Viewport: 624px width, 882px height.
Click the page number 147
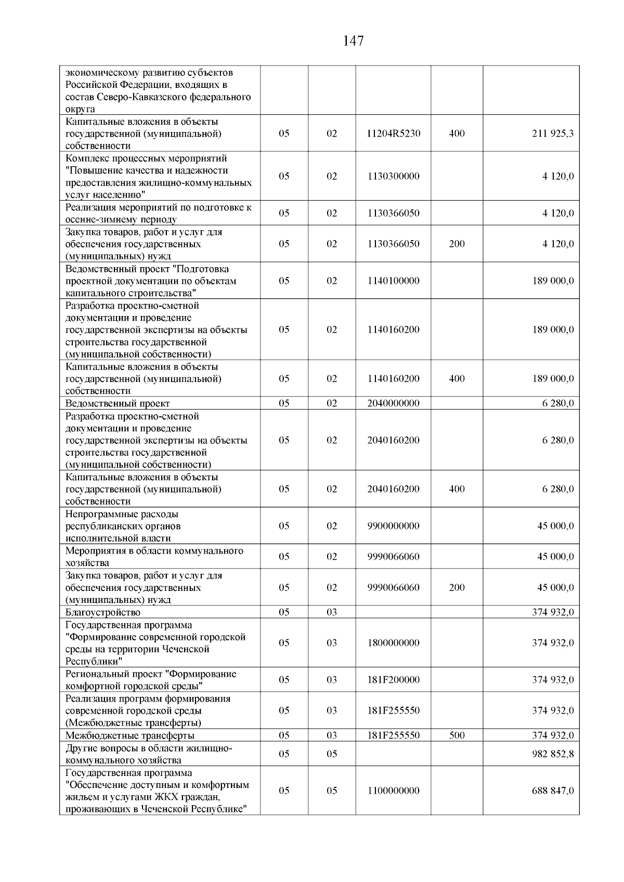353,41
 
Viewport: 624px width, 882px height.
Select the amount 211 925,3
553,134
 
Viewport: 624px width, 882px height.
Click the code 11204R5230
393,134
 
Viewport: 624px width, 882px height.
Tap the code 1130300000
393,176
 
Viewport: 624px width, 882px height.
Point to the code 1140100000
393,281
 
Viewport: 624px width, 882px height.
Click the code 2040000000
393,403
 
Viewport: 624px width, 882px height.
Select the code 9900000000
393,526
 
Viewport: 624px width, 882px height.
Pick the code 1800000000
393,643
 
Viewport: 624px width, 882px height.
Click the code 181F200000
393,680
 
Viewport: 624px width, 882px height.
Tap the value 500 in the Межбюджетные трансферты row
457,735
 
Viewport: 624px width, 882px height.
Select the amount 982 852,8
553,754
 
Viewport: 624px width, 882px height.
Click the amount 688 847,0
553,791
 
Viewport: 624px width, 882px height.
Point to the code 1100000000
393,791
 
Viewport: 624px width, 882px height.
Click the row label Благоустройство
103,612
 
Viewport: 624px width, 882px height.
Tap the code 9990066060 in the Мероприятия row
393,557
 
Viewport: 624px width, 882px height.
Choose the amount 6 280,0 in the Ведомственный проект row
558,403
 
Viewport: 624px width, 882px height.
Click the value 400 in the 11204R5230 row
457,134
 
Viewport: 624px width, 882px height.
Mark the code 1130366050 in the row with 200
393,244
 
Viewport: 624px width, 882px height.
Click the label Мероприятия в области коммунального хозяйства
154,557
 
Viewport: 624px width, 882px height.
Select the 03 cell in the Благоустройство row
332,612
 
